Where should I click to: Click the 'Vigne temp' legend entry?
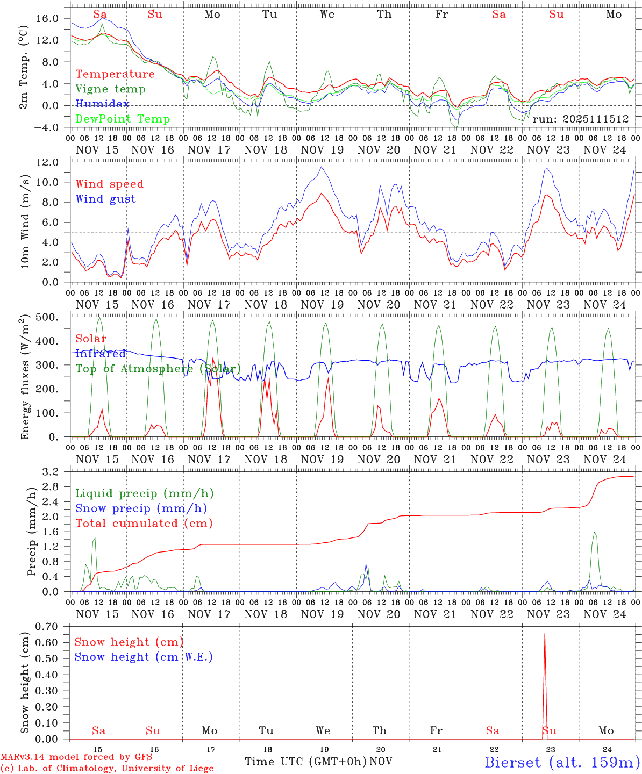[x=110, y=89]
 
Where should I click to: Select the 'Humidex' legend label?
[x=102, y=104]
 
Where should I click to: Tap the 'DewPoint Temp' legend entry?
[x=123, y=119]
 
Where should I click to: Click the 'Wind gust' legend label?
[x=105, y=199]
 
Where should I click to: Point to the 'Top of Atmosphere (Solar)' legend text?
[x=158, y=369]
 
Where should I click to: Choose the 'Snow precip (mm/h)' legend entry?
[x=141, y=508]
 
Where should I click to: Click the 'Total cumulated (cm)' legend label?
[x=144, y=524]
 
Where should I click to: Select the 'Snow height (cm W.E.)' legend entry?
[x=144, y=657]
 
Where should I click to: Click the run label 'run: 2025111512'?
[x=580, y=119]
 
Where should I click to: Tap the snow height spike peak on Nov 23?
[x=545, y=634]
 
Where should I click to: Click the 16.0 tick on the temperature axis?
[x=47, y=18]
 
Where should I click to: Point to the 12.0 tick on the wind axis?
[x=47, y=162]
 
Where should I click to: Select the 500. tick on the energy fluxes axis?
[x=46, y=317]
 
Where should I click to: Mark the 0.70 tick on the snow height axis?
[x=46, y=627]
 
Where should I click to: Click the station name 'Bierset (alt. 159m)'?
[x=562, y=762]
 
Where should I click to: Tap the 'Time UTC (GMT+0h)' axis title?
[x=305, y=762]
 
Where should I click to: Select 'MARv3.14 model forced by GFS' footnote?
[x=76, y=757]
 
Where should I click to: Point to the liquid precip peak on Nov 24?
[x=594, y=532]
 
